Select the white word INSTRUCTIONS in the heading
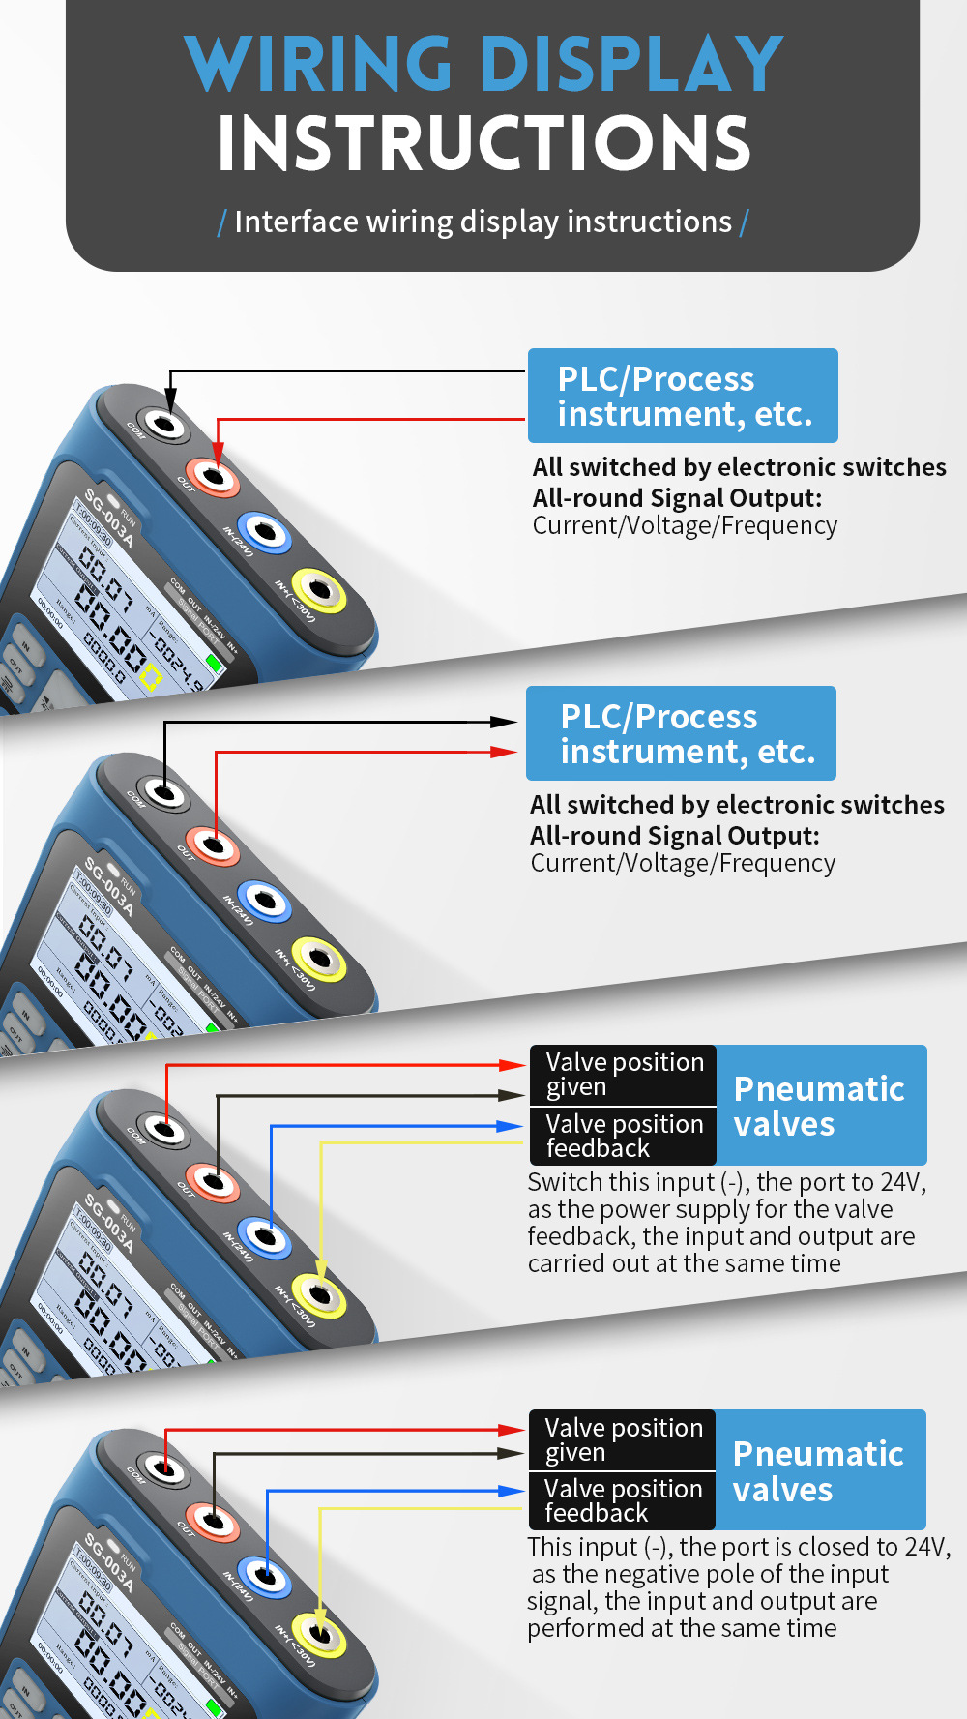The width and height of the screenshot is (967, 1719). [x=483, y=144]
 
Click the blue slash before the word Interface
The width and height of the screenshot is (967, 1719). [x=222, y=223]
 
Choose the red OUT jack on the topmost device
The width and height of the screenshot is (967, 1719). [x=214, y=476]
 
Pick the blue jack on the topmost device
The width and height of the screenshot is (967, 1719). [x=265, y=531]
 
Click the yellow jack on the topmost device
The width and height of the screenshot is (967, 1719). [x=319, y=589]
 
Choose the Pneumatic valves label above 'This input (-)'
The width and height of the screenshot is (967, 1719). [x=818, y=1470]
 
